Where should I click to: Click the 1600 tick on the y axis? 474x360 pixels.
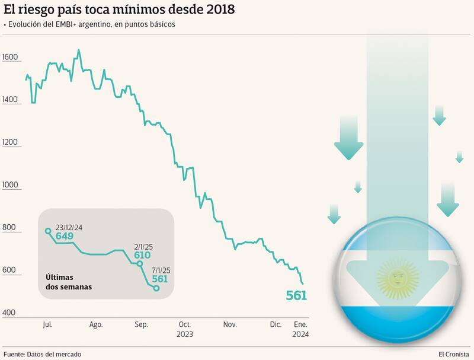(11, 58)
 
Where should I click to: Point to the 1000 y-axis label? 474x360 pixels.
(11, 185)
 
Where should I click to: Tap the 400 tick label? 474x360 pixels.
(9, 313)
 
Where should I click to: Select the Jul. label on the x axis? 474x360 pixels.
(48, 324)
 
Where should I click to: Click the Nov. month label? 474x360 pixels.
(230, 324)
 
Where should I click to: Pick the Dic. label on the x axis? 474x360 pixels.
(276, 324)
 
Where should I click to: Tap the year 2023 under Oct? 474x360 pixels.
(185, 334)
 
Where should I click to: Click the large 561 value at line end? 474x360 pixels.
(296, 295)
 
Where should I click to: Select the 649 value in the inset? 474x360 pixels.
(64, 236)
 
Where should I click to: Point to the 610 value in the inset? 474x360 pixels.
(142, 256)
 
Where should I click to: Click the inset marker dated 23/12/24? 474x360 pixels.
(48, 231)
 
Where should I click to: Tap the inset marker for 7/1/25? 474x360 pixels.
(156, 288)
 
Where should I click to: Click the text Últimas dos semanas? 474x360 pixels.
(69, 282)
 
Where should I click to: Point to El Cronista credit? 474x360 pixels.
(453, 354)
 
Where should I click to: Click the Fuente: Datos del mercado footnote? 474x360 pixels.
(43, 354)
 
